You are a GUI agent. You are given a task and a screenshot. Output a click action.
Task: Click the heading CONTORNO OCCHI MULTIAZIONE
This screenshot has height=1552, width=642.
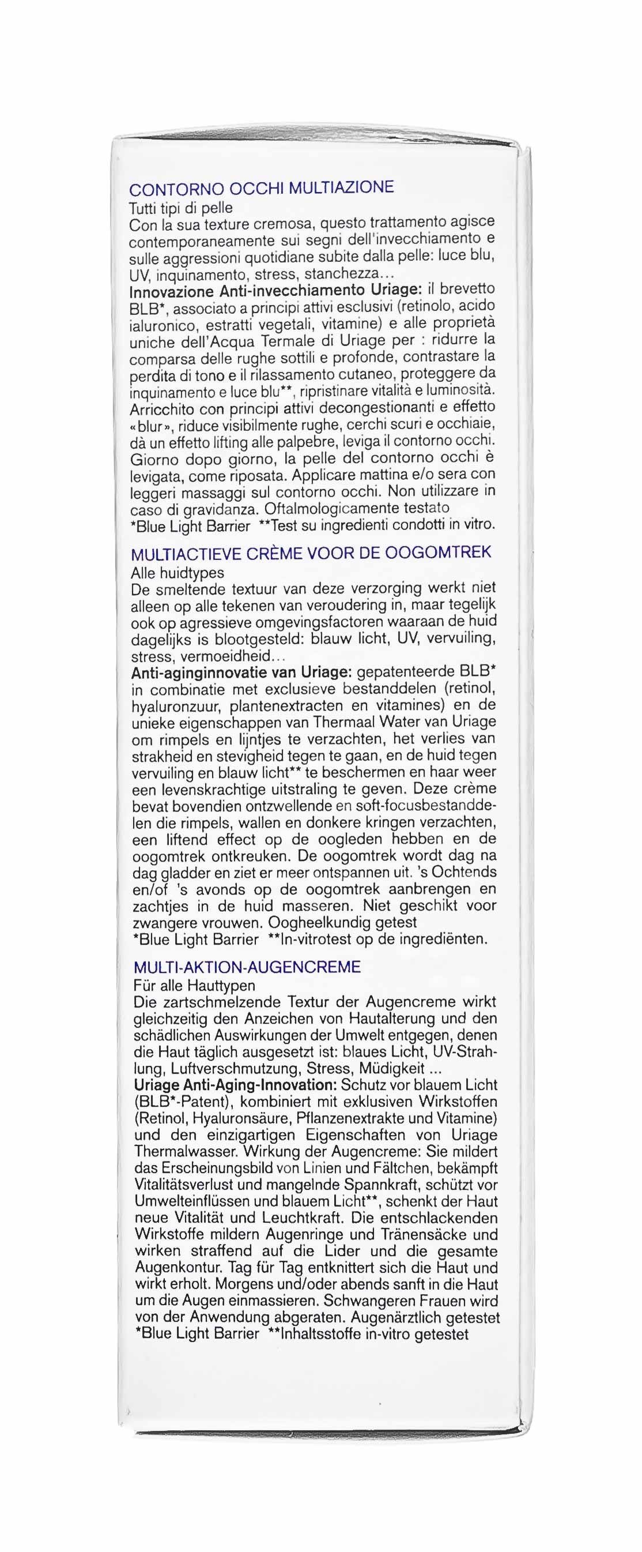click(262, 188)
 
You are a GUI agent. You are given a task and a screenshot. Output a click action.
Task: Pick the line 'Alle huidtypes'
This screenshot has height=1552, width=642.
click(177, 572)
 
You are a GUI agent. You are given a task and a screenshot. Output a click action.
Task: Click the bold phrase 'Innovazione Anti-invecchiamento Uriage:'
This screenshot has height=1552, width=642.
click(275, 291)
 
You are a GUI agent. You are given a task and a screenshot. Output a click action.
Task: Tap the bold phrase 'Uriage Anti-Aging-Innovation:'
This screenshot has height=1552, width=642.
click(236, 1085)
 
